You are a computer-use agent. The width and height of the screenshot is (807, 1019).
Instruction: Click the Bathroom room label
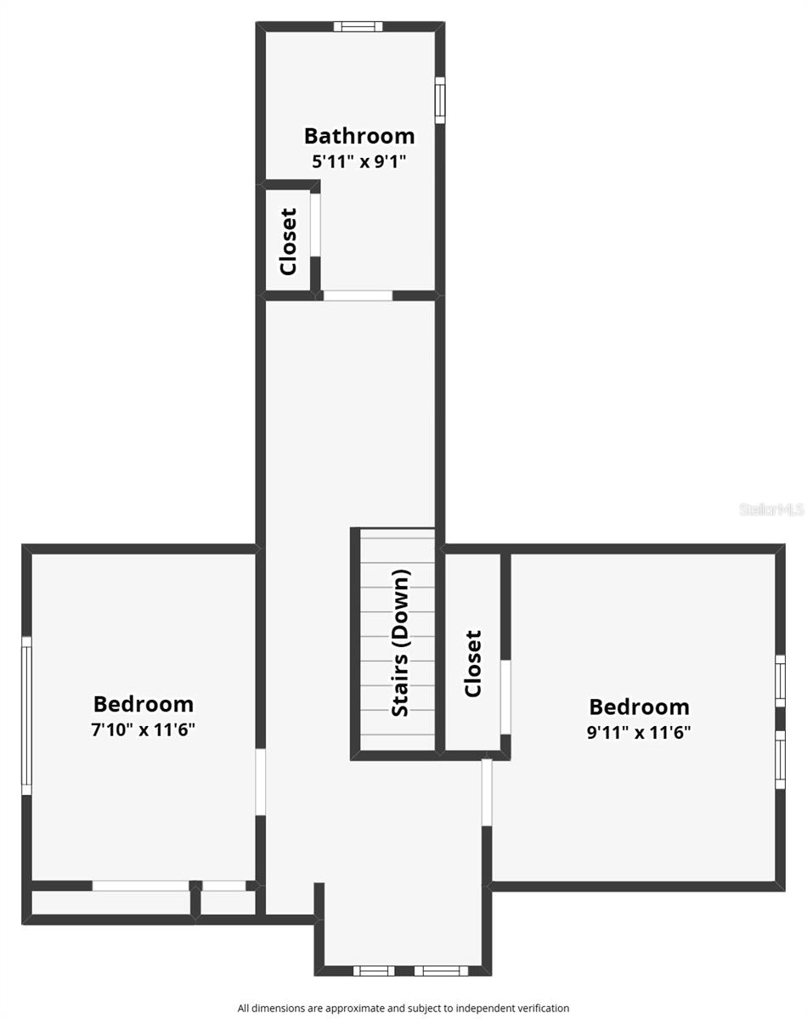pyautogui.click(x=359, y=136)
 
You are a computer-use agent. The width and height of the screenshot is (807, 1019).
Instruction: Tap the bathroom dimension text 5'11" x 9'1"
pyautogui.click(x=359, y=161)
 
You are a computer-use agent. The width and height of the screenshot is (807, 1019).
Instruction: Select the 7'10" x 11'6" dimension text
pyautogui.click(x=144, y=730)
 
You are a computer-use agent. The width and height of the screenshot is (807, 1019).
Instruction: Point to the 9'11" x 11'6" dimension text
pyautogui.click(x=639, y=733)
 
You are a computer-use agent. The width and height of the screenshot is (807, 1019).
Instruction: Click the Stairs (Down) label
pyautogui.click(x=401, y=642)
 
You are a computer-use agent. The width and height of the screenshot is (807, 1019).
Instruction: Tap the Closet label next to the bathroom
pyautogui.click(x=288, y=241)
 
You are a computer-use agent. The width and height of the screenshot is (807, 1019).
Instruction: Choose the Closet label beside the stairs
pyautogui.click(x=473, y=663)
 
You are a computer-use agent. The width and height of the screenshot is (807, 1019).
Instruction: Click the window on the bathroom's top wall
pyautogui.click(x=358, y=26)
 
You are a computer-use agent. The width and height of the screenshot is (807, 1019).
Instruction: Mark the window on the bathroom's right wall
pyautogui.click(x=440, y=99)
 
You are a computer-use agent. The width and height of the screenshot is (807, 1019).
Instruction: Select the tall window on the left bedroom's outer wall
pyautogui.click(x=26, y=716)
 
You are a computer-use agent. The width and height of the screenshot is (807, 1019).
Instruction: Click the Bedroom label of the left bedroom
pyautogui.click(x=144, y=704)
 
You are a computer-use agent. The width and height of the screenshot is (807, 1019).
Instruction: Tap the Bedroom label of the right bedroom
pyautogui.click(x=639, y=707)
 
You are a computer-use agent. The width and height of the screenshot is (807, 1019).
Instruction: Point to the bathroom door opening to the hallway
pyautogui.click(x=358, y=296)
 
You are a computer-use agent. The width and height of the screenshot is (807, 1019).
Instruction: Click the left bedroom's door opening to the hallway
pyautogui.click(x=261, y=781)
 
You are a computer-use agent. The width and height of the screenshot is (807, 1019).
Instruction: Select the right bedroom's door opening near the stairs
pyautogui.click(x=487, y=791)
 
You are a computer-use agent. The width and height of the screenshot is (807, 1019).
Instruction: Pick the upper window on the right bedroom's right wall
pyautogui.click(x=780, y=679)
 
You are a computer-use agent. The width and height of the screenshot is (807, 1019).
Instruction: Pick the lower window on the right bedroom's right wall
pyautogui.click(x=780, y=758)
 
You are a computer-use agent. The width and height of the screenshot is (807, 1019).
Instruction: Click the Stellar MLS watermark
pyautogui.click(x=771, y=509)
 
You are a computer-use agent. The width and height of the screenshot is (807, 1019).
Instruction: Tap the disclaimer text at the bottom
pyautogui.click(x=403, y=1008)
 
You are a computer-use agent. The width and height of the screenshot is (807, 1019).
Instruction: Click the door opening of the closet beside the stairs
pyautogui.click(x=505, y=695)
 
